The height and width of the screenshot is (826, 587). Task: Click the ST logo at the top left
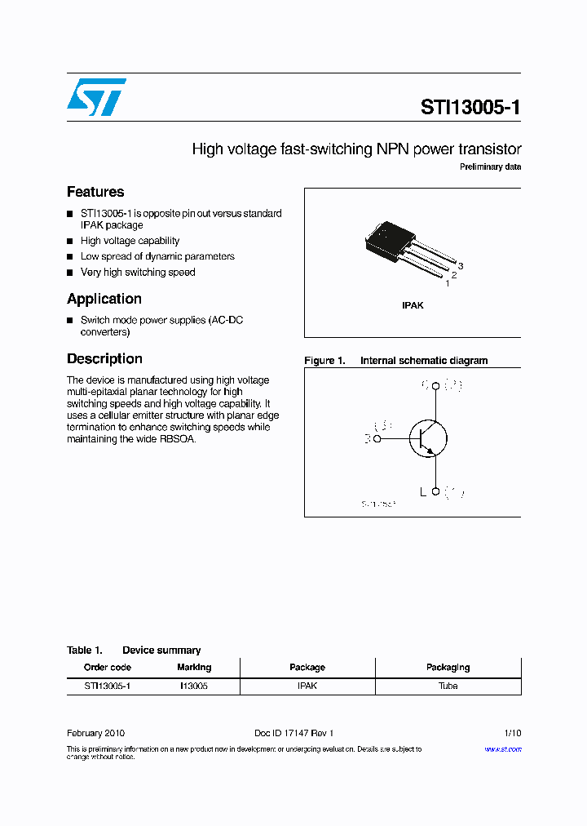point(96,97)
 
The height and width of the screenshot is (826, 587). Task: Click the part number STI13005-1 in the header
point(470,107)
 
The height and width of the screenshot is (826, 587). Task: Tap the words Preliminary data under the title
point(490,167)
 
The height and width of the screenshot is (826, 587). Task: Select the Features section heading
point(95,192)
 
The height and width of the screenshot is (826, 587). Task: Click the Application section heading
point(104,299)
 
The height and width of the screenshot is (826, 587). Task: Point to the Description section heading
point(104,358)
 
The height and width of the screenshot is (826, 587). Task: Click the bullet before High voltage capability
point(70,242)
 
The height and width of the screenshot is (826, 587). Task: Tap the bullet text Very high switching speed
point(138,273)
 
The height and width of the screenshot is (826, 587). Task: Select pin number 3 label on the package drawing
point(461,266)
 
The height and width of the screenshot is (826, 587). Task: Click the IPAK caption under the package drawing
point(413,305)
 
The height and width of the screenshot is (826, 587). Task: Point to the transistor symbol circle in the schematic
point(428,438)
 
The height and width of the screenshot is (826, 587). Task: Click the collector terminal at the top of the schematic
point(436,385)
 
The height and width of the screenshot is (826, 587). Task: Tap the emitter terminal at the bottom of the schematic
point(436,491)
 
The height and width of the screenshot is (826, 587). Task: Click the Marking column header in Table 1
point(194,668)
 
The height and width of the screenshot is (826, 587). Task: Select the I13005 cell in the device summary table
point(194,686)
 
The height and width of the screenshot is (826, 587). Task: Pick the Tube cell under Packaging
point(448,686)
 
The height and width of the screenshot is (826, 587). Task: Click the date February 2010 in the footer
point(95,734)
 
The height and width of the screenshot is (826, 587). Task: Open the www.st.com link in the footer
point(502,749)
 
